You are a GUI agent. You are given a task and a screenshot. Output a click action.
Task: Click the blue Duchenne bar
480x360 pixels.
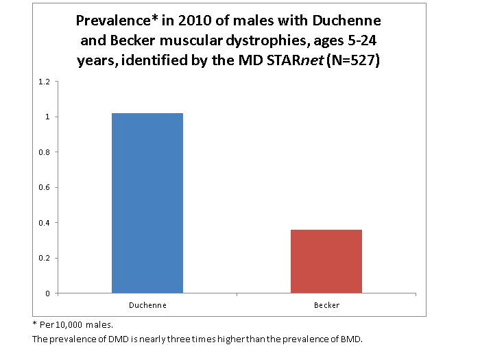(147, 203)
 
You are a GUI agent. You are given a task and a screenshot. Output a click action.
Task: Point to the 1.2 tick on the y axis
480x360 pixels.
(45, 82)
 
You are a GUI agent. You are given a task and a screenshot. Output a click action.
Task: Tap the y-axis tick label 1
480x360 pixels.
(48, 117)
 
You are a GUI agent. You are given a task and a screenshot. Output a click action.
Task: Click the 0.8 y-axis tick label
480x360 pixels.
(45, 152)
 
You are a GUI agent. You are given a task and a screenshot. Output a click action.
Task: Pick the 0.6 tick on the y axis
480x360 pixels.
(45, 187)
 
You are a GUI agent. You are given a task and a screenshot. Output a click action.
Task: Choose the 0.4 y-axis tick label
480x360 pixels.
(45, 223)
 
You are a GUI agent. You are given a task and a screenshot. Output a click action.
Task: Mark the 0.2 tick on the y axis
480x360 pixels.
(45, 258)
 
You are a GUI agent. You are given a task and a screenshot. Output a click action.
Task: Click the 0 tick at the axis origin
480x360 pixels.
(48, 293)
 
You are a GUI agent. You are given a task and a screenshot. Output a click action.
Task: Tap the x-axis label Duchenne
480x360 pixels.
(147, 305)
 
